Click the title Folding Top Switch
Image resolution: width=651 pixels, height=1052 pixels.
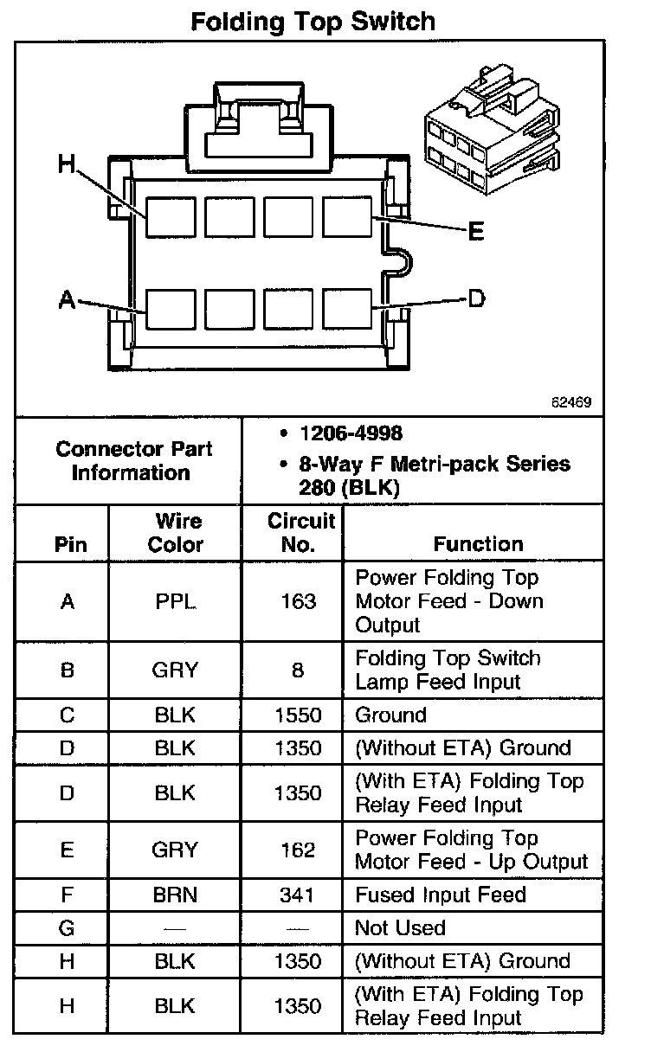pyautogui.click(x=313, y=21)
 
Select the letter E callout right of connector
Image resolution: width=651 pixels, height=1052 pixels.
pyautogui.click(x=474, y=232)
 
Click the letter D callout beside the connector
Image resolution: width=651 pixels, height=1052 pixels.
pyautogui.click(x=476, y=299)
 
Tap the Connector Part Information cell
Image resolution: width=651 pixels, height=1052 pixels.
pyautogui.click(x=133, y=460)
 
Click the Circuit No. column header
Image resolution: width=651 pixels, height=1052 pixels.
pyautogui.click(x=300, y=532)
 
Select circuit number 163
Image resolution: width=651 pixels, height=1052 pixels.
pyautogui.click(x=298, y=601)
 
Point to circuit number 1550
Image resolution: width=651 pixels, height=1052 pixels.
pyautogui.click(x=298, y=715)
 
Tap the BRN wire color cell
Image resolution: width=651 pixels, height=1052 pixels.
pyautogui.click(x=176, y=895)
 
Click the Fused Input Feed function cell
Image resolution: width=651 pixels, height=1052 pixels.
pyautogui.click(x=441, y=895)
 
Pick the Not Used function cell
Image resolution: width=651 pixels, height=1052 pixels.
pyautogui.click(x=400, y=928)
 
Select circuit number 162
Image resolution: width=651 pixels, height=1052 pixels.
pyautogui.click(x=298, y=850)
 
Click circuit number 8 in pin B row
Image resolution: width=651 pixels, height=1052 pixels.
pyautogui.click(x=298, y=670)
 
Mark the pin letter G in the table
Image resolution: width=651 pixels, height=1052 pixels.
pyautogui.click(x=68, y=928)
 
